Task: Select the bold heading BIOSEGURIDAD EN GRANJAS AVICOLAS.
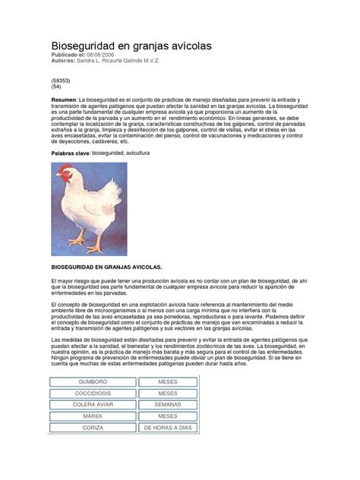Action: tap(106, 267)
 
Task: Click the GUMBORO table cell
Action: tap(93, 381)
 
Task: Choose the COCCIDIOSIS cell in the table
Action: tap(93, 393)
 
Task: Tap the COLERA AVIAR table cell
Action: tap(93, 405)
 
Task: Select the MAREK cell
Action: tap(93, 417)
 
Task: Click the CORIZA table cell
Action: tap(93, 428)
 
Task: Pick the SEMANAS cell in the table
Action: tap(168, 405)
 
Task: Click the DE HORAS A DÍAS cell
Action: tap(168, 428)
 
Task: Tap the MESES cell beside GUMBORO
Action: tap(168, 381)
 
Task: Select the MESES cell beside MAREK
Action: tap(168, 417)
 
